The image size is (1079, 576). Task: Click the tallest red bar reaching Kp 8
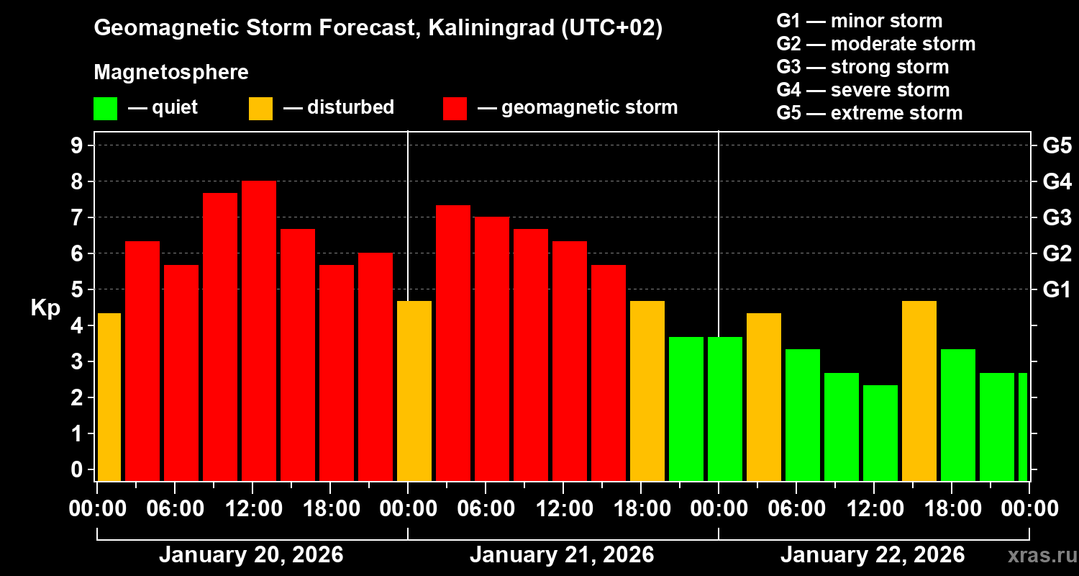point(259,331)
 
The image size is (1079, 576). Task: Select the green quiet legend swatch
point(105,109)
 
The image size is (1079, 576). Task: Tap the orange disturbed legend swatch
point(260,109)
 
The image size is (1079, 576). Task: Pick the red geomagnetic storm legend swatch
point(455,109)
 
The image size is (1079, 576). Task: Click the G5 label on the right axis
point(1057,145)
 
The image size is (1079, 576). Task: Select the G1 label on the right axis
point(1057,289)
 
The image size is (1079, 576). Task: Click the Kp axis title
point(45,308)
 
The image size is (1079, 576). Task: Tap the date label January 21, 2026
point(562,555)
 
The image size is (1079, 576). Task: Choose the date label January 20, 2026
point(251,555)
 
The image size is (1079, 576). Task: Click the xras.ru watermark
point(1037,555)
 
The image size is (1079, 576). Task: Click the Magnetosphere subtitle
point(171,73)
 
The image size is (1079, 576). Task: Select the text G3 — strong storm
point(862,67)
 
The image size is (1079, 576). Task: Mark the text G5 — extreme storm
point(869,113)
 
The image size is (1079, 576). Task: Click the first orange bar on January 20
point(109,396)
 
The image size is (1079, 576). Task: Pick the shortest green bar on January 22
point(880,432)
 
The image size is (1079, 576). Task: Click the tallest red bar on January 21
point(453,343)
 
